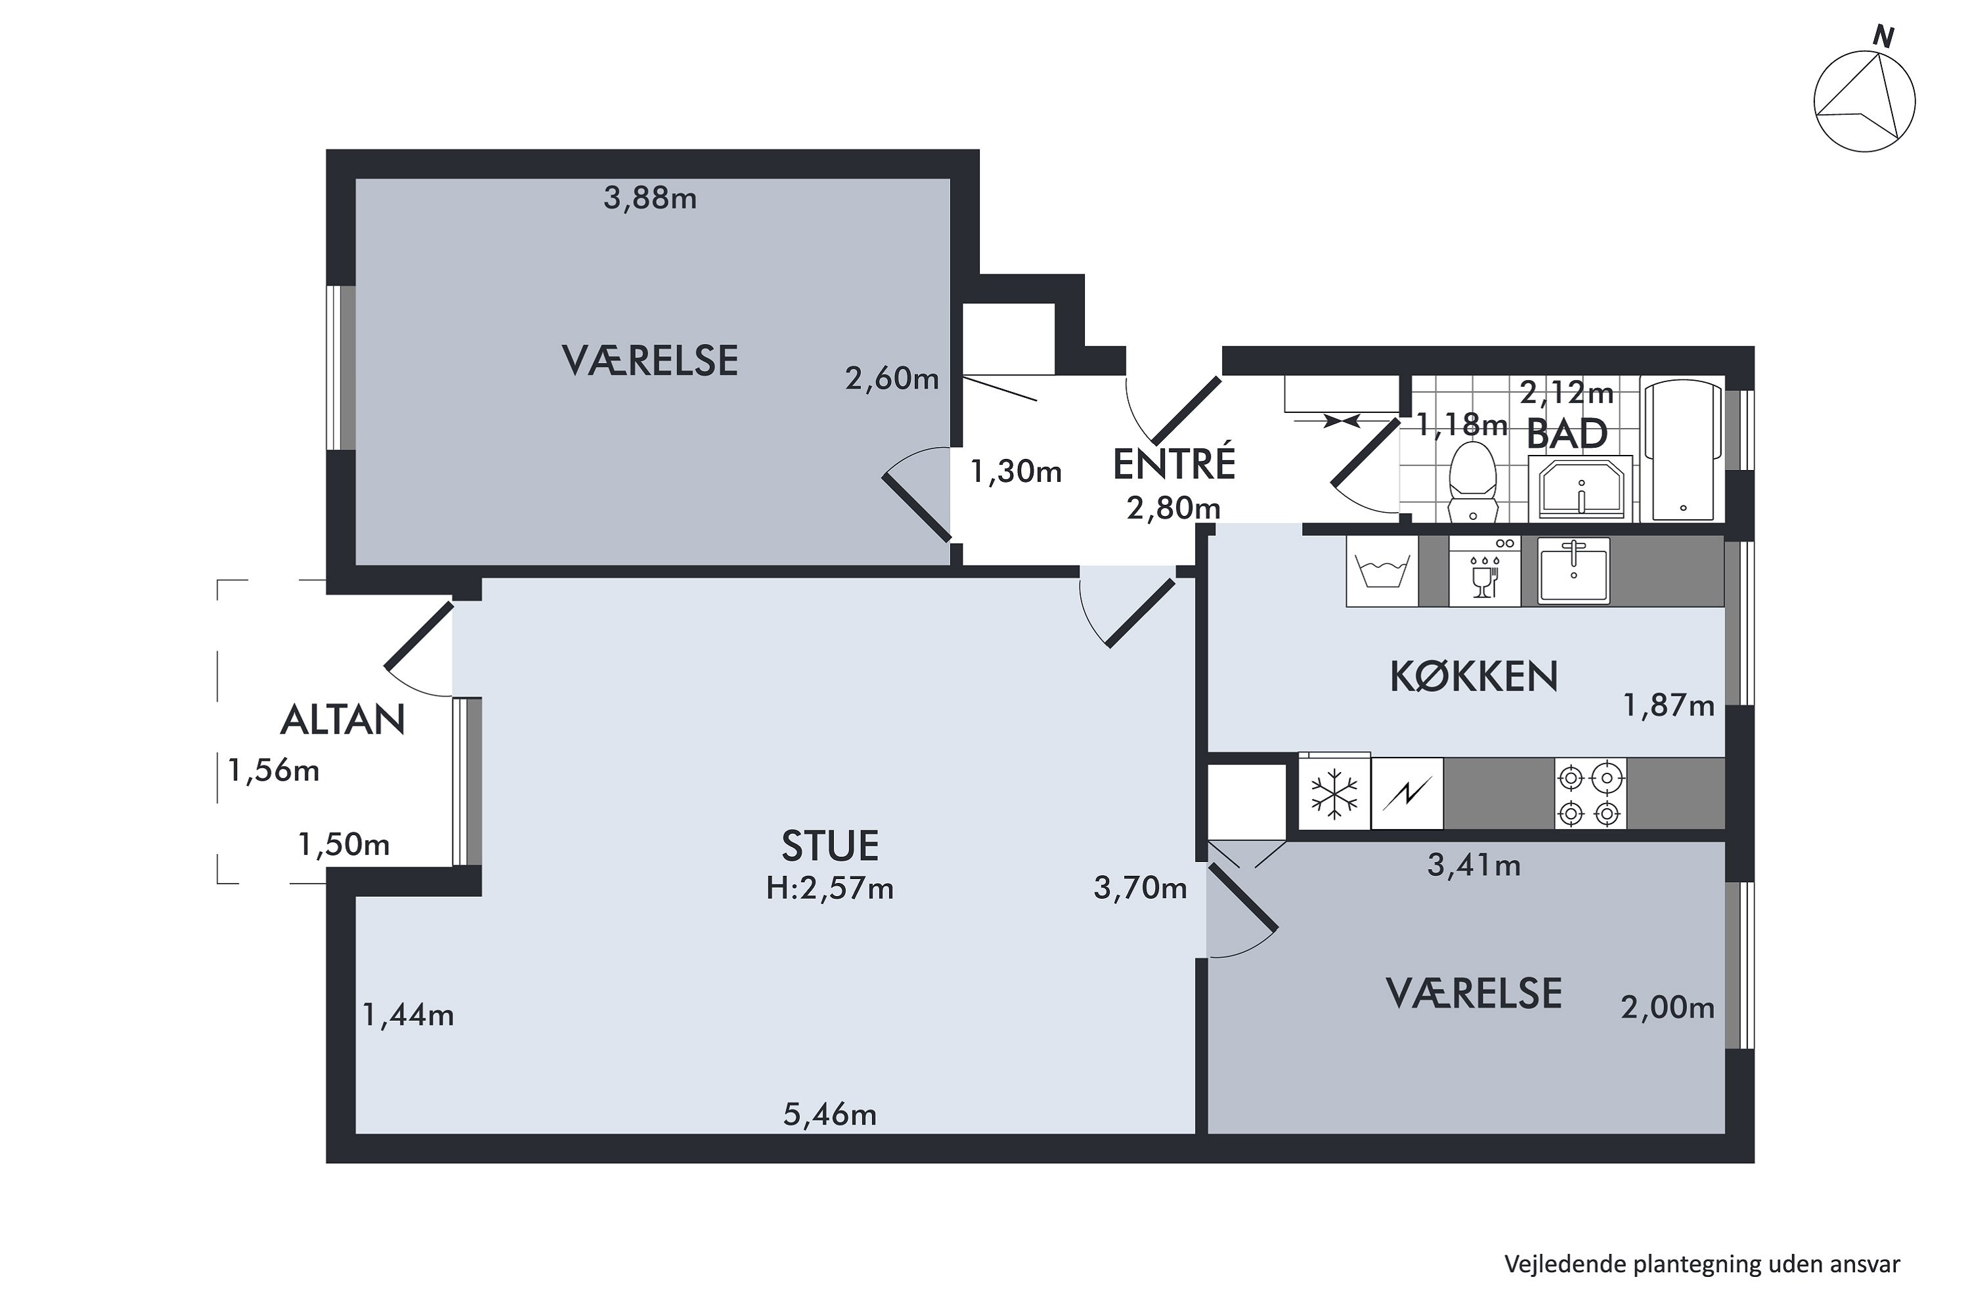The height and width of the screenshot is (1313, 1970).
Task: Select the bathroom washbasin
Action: tap(1581, 488)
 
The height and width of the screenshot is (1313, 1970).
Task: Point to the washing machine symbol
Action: tap(1382, 571)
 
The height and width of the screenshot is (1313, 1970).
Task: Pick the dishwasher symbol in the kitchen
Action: tap(1484, 571)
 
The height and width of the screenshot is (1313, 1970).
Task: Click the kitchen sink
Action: tap(1574, 570)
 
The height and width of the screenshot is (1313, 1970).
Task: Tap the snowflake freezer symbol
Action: tap(1334, 793)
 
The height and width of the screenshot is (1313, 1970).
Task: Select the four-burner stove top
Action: tap(1590, 793)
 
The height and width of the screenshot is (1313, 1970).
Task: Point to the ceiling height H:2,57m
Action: tap(830, 888)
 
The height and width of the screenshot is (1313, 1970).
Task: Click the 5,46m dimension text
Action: tap(830, 1115)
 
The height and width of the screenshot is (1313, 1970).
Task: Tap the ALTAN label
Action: tap(343, 720)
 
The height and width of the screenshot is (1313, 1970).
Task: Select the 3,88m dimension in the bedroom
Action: tap(650, 198)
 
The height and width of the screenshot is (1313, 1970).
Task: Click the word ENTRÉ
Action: tap(1173, 465)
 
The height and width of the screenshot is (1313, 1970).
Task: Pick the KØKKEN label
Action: tap(1474, 677)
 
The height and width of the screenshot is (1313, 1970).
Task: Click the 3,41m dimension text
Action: tap(1474, 865)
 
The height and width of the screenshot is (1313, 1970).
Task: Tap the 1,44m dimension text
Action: tap(408, 1016)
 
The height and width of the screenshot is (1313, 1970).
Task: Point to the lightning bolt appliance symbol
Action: tap(1407, 793)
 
